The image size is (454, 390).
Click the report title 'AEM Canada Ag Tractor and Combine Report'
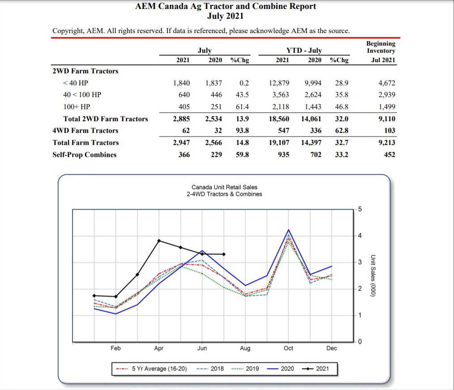click(225, 6)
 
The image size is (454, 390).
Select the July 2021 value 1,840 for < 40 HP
click(182, 83)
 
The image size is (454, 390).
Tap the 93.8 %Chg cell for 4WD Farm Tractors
click(242, 131)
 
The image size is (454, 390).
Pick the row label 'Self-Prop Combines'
click(85, 155)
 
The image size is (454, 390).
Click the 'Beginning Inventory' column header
click(381, 47)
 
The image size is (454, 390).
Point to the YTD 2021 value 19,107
click(279, 143)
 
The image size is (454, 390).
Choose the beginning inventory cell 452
click(390, 155)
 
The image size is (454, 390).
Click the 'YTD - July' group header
click(304, 51)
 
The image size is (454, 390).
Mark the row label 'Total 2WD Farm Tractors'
click(106, 119)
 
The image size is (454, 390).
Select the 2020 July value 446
click(216, 95)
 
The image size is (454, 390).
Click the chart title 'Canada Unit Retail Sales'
click(225, 187)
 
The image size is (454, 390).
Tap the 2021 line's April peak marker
click(159, 241)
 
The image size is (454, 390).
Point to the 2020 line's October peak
click(289, 230)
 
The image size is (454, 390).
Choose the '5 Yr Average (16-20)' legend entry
click(151, 369)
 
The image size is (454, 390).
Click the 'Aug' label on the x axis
click(245, 348)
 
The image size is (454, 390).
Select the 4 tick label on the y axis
click(360, 236)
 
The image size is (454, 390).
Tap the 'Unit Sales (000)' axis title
click(373, 276)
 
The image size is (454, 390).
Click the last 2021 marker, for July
click(224, 254)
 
